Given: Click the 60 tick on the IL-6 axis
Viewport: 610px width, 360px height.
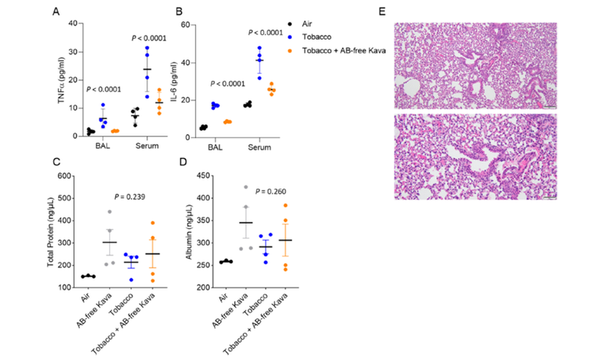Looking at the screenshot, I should click(186, 24).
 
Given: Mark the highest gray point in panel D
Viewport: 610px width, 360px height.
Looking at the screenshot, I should click(246, 187).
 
